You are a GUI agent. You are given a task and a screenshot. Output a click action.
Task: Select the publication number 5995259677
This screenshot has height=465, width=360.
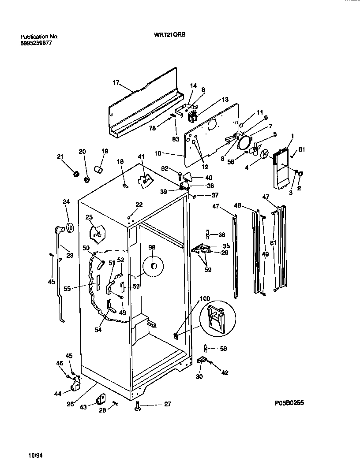click(x=39, y=43)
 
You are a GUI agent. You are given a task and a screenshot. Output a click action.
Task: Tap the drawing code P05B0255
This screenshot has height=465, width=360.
click(x=289, y=403)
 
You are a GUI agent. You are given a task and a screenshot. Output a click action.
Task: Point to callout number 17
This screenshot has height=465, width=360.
click(x=116, y=82)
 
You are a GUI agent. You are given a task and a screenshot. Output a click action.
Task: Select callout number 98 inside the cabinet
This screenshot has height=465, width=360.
click(x=151, y=248)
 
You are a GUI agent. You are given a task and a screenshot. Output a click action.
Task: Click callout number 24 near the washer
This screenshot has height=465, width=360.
click(x=66, y=202)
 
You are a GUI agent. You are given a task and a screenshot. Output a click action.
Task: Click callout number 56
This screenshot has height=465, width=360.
click(x=223, y=348)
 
